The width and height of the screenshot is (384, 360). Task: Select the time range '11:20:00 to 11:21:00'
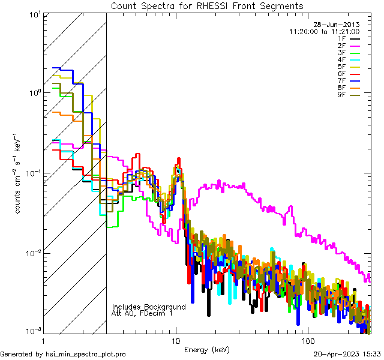(324, 31)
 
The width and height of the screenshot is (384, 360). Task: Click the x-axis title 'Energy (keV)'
(207, 349)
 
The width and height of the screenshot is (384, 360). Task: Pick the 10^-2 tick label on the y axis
(31, 253)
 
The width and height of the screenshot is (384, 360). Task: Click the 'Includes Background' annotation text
(149, 307)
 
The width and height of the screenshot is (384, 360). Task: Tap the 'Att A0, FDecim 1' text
(142, 313)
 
